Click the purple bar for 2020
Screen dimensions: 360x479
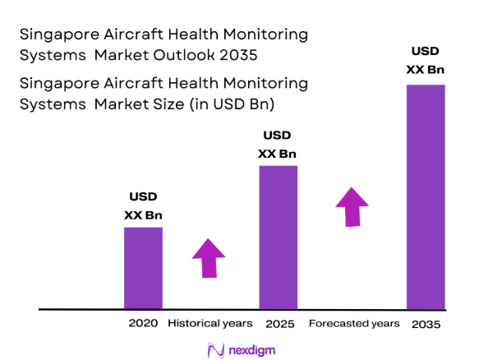[x=143, y=268]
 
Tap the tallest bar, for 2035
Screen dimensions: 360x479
[x=426, y=196]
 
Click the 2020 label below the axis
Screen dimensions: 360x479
[x=143, y=324]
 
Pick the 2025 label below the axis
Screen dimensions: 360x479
[x=278, y=324]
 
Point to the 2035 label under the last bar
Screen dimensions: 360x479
[x=426, y=325]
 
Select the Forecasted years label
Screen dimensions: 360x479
[x=354, y=324]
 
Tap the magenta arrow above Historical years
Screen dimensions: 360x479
[x=209, y=259]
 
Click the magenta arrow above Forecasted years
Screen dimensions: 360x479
[x=352, y=206]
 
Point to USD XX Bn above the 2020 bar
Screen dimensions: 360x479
[x=143, y=205]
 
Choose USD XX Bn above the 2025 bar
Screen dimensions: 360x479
[x=278, y=145]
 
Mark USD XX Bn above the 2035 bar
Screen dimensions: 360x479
[x=426, y=60]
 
